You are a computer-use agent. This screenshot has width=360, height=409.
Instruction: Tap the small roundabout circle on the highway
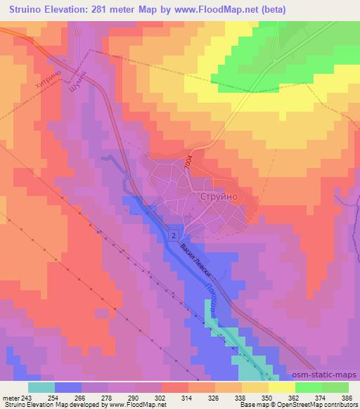(128, 176)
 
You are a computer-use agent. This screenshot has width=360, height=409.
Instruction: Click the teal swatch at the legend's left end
(41, 387)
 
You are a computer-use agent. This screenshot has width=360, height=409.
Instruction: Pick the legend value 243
(27, 398)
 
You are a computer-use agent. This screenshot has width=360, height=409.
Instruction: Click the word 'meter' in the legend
(9, 398)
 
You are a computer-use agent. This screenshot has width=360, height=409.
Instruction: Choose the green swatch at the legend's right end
(335, 387)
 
